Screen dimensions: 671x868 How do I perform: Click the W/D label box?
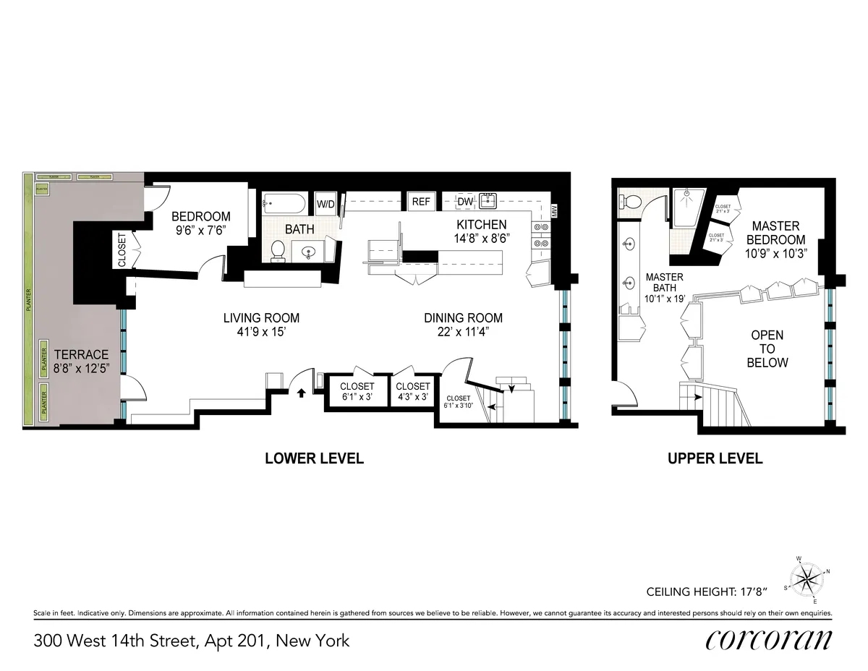pyautogui.click(x=325, y=203)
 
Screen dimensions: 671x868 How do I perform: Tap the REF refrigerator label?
pyautogui.click(x=421, y=202)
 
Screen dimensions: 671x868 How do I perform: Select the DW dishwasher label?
pyautogui.click(x=465, y=202)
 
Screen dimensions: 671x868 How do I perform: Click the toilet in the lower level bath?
pyautogui.click(x=277, y=249)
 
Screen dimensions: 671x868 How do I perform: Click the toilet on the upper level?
pyautogui.click(x=630, y=200)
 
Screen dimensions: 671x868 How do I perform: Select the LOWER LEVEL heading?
pyautogui.click(x=314, y=458)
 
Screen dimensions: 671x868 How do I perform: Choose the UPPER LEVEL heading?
pyautogui.click(x=715, y=458)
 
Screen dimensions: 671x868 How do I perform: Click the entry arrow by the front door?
pyautogui.click(x=302, y=393)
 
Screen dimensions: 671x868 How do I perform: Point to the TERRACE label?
pyautogui.click(x=80, y=355)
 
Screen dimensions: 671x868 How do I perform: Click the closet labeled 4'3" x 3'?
pyautogui.click(x=413, y=391)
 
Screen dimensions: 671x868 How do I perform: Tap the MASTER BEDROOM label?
pyautogui.click(x=778, y=233)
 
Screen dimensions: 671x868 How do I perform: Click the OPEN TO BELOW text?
pyautogui.click(x=767, y=349)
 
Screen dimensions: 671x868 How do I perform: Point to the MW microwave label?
pyautogui.click(x=555, y=211)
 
